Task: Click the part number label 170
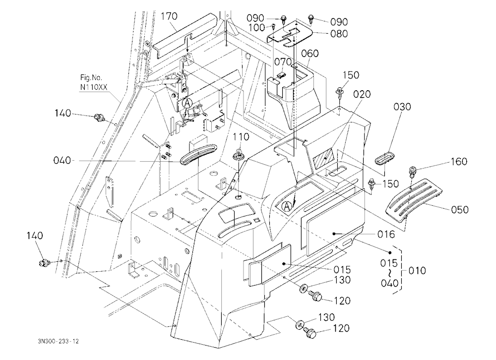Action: (169, 16)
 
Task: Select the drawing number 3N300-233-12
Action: (58, 341)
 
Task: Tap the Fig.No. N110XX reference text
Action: (94, 82)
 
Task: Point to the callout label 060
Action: (310, 54)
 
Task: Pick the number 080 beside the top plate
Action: (339, 34)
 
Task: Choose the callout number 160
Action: (458, 161)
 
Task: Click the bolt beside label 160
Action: (413, 172)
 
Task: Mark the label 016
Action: (386, 235)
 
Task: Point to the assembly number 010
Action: (417, 271)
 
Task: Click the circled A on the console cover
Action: (287, 206)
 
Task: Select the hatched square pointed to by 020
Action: (323, 156)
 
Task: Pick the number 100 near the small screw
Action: (256, 28)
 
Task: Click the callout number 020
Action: (362, 94)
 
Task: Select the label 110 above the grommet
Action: (241, 137)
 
